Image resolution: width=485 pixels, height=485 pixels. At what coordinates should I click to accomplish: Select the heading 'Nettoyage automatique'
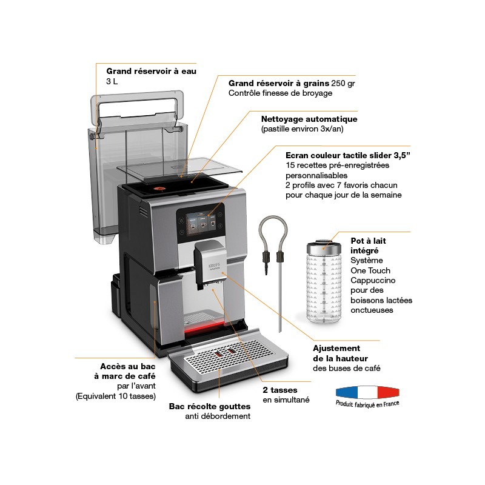point(309,119)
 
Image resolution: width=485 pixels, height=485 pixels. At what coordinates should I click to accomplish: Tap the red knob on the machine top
point(161,188)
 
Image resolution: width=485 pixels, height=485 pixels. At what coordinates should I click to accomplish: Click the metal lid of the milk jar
point(324,246)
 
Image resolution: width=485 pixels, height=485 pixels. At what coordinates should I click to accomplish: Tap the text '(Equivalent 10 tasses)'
point(116,396)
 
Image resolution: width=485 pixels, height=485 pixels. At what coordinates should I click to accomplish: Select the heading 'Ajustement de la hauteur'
point(336,353)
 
